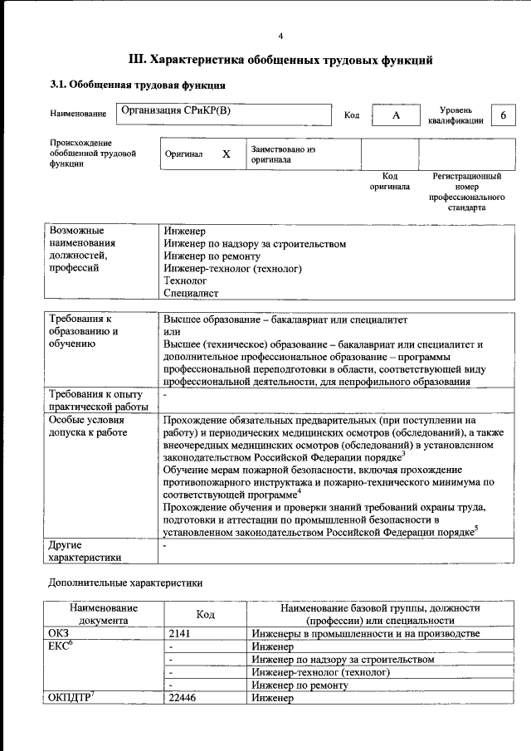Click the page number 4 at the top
coord(280,36)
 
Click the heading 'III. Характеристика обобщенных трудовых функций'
coord(280,60)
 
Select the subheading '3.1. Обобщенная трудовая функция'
coord(137,85)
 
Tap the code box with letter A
coord(396,115)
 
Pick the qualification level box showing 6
coord(503,115)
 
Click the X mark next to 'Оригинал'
coord(226,154)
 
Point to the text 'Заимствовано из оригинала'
coord(283,154)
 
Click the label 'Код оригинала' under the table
coord(389,181)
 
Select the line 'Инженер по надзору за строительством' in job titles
coord(254,244)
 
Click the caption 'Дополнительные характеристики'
coord(125,583)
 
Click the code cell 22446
coord(183,699)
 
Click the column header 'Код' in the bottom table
coord(205,614)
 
